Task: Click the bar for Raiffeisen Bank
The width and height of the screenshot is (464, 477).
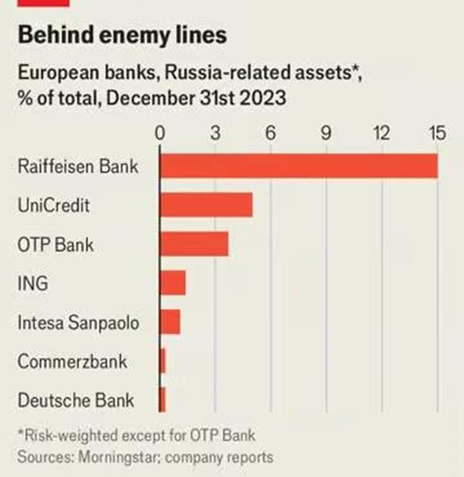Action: coord(298,166)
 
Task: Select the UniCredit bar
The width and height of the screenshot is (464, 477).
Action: coord(206,205)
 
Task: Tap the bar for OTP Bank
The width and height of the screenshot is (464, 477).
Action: coord(193,244)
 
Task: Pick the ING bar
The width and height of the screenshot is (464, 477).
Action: coord(172,283)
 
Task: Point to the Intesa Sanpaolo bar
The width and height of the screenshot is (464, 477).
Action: coord(169,322)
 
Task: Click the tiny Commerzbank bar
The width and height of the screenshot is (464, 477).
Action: coord(162,361)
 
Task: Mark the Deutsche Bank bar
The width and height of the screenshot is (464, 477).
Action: coord(162,400)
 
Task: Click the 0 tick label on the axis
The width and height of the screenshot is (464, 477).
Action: coord(160,134)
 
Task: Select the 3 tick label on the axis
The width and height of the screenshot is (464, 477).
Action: coord(216,134)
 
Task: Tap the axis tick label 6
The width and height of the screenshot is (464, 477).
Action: coord(271,134)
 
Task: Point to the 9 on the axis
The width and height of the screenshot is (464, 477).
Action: coord(326,134)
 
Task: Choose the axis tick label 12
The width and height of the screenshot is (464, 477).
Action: coord(381,134)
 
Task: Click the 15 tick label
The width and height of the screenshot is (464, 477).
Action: coord(437,134)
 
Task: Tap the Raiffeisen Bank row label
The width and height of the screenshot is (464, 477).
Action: coord(77,166)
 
